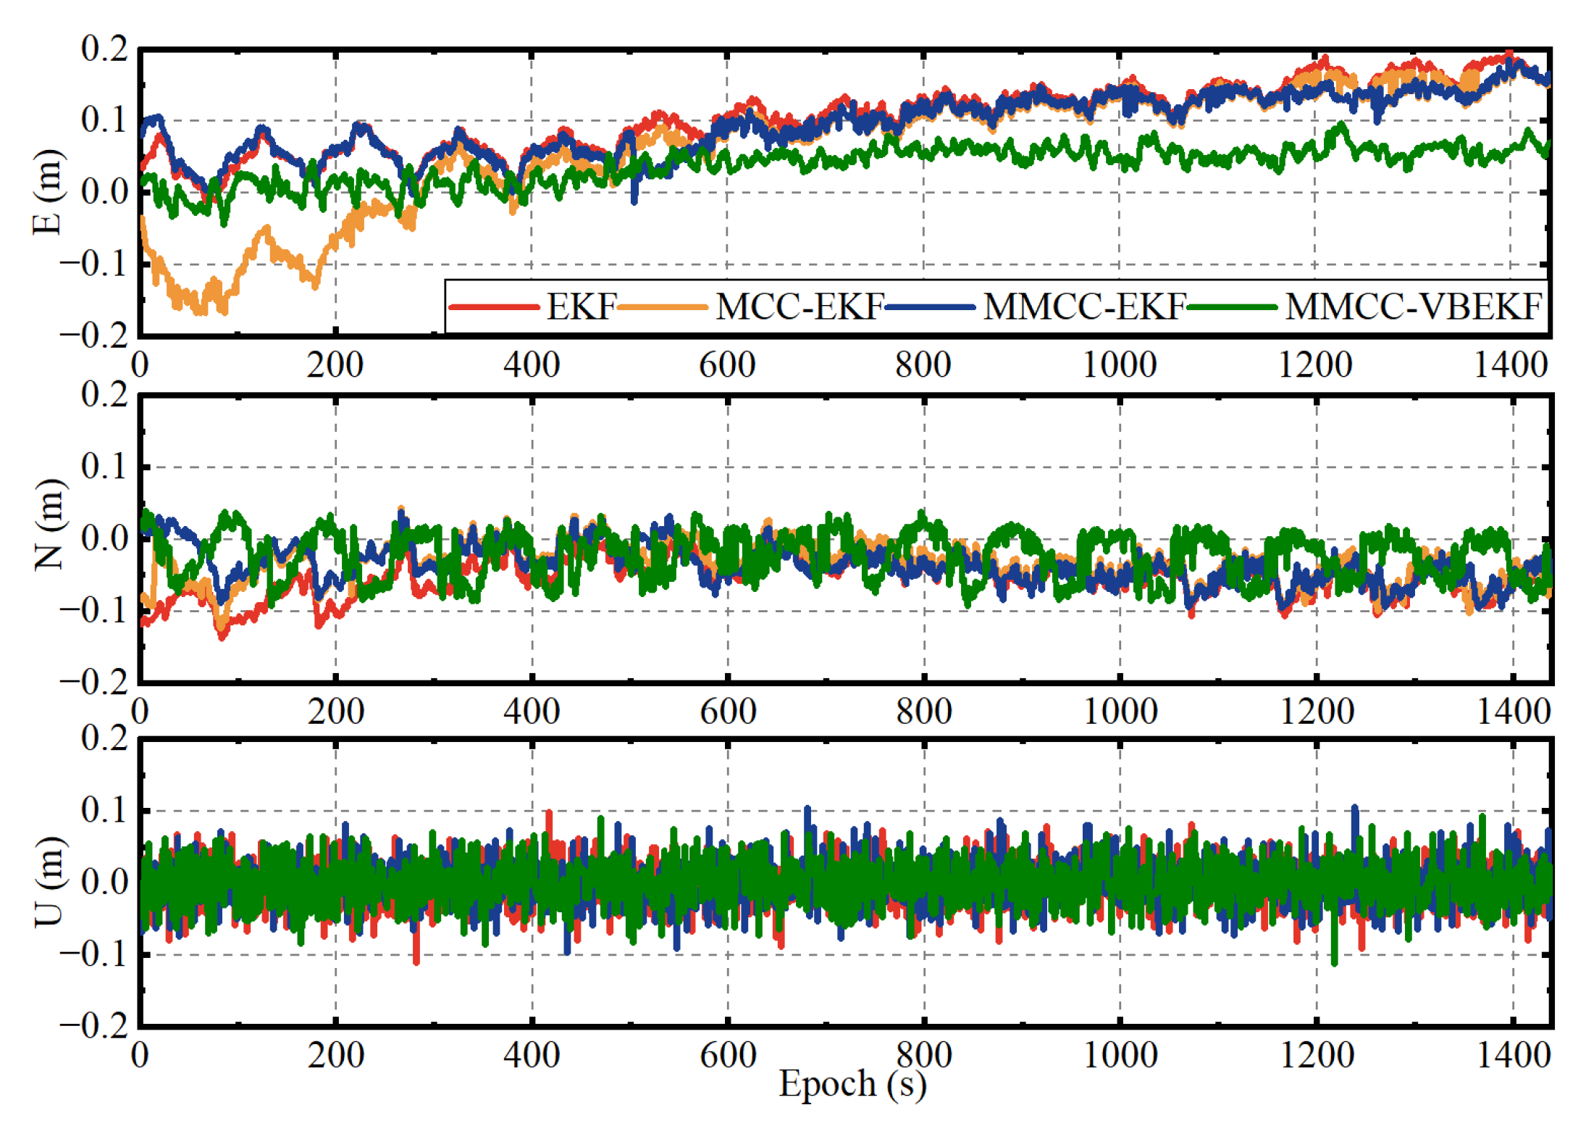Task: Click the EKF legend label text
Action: (581, 306)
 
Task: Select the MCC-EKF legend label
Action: (799, 306)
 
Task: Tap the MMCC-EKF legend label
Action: (1083, 306)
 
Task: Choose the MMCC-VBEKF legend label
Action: (1413, 306)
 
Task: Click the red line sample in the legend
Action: (494, 307)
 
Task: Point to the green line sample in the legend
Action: (1232, 307)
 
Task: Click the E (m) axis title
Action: (48, 192)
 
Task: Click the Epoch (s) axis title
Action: (852, 1085)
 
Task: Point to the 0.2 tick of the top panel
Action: (104, 49)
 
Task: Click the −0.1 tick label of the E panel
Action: (94, 263)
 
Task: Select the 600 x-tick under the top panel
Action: (727, 364)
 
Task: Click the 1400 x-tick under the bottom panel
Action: (1513, 1055)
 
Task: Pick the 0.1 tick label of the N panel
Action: (104, 466)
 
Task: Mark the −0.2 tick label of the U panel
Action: (94, 1025)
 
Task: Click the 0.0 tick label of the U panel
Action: (104, 882)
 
